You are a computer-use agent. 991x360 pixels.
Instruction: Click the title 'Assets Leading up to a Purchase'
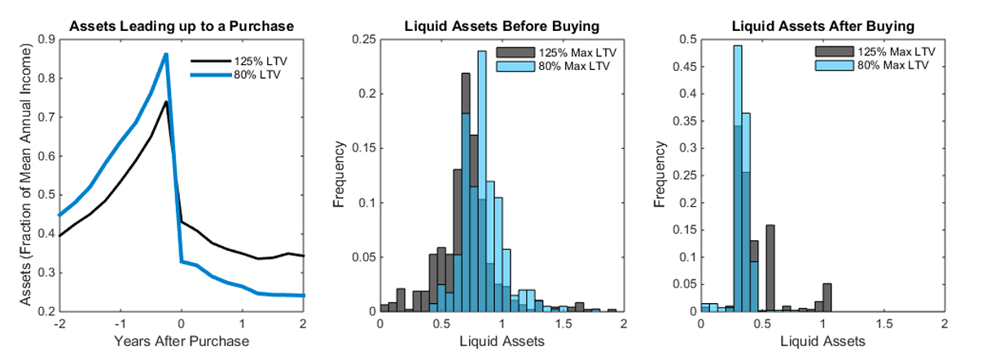click(x=182, y=26)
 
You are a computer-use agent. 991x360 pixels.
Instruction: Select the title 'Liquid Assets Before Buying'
click(x=502, y=26)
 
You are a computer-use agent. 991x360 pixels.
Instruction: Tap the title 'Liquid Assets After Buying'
click(x=822, y=26)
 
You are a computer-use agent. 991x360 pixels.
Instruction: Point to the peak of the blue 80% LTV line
click(x=166, y=54)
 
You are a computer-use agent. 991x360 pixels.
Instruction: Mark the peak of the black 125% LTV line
click(x=166, y=102)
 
